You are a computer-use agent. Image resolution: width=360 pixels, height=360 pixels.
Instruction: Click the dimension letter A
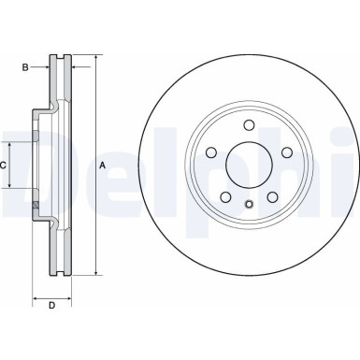(x=102, y=166)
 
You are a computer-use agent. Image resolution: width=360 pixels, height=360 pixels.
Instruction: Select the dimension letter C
(x=5, y=165)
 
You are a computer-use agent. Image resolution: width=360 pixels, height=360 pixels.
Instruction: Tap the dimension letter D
(x=52, y=305)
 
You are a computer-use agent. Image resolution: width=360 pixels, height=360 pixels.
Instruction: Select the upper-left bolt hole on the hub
(x=210, y=153)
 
